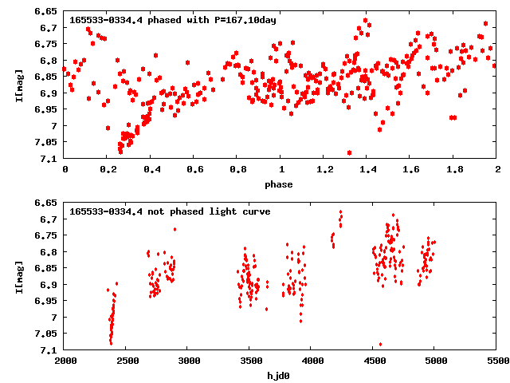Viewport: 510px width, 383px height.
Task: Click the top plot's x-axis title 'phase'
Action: click(x=280, y=184)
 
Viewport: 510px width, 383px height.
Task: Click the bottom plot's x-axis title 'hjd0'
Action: click(x=280, y=375)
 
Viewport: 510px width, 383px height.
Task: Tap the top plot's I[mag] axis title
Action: click(x=18, y=85)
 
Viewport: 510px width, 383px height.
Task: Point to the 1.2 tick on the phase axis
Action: click(x=324, y=169)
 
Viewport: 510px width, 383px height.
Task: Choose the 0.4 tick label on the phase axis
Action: click(x=151, y=169)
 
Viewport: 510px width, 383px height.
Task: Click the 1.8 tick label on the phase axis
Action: click(x=454, y=169)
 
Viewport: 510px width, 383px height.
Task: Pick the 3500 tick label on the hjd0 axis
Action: click(x=249, y=361)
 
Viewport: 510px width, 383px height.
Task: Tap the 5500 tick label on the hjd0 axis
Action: click(x=497, y=361)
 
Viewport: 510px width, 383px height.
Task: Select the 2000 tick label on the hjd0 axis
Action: click(x=64, y=361)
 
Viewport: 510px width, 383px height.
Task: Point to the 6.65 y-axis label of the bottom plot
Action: click(x=46, y=203)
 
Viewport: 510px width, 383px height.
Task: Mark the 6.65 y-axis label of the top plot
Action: click(x=46, y=11)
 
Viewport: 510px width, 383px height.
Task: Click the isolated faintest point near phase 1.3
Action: click(x=350, y=152)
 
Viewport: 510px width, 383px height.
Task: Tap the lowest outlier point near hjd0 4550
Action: click(x=380, y=345)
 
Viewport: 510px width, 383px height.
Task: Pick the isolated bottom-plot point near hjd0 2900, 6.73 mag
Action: click(x=175, y=230)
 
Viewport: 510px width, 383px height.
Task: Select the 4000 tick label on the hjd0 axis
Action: click(x=312, y=361)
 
